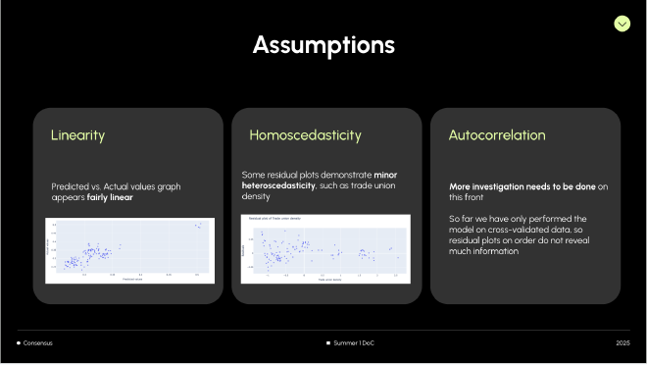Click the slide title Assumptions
323,44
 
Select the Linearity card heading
77,135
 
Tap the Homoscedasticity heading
305,135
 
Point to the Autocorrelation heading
496,135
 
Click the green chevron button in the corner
622,23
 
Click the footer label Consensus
39,342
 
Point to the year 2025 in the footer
623,342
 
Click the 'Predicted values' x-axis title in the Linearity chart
133,281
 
